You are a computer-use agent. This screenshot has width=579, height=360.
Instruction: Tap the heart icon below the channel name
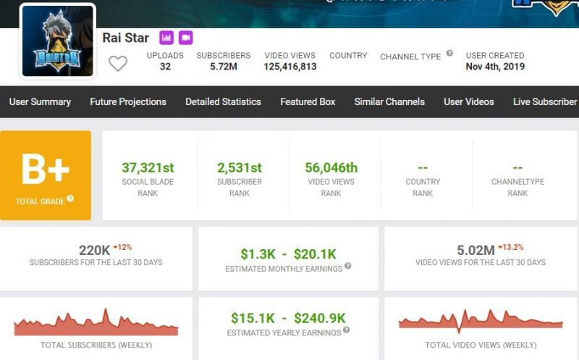[118, 64]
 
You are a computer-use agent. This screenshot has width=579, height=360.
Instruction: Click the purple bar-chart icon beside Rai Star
[166, 38]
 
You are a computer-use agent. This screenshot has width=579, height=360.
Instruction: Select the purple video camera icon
[185, 38]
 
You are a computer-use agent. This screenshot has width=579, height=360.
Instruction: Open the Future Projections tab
[128, 101]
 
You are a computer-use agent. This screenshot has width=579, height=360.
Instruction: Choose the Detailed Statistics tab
[223, 101]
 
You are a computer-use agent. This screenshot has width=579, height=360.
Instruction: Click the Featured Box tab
[308, 101]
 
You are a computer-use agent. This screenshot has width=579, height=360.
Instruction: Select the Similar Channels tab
[389, 101]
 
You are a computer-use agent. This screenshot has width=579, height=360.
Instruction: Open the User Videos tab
[469, 101]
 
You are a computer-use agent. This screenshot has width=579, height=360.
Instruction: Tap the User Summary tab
[40, 101]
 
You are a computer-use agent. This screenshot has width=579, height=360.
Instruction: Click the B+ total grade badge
[46, 175]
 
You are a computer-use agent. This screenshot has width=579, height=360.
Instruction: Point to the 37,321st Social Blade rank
[148, 167]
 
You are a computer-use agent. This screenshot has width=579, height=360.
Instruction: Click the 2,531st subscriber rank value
[240, 167]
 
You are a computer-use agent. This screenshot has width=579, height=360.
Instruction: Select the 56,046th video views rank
[331, 167]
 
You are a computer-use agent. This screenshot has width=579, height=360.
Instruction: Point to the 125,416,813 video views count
[290, 67]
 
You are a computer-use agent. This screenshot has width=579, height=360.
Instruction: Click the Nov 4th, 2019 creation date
[495, 67]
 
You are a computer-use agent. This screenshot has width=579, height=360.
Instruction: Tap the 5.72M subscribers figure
[223, 67]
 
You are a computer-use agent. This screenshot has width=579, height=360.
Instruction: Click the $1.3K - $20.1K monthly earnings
[288, 254]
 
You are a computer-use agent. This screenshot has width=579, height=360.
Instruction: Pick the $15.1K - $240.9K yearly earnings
[288, 318]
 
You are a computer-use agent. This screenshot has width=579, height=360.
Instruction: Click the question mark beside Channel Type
[449, 54]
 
